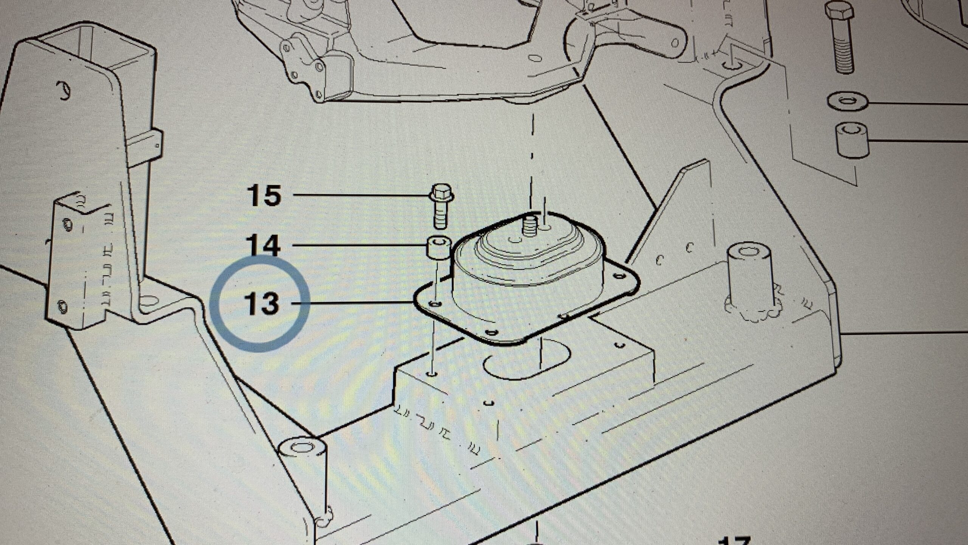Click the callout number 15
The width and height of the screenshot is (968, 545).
pos(264,196)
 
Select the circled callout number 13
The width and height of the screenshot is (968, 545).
pos(262,304)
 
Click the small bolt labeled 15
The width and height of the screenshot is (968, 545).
pos(441,206)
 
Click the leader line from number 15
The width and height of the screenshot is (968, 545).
pos(359,196)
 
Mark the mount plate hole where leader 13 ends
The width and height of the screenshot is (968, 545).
pos(436,304)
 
